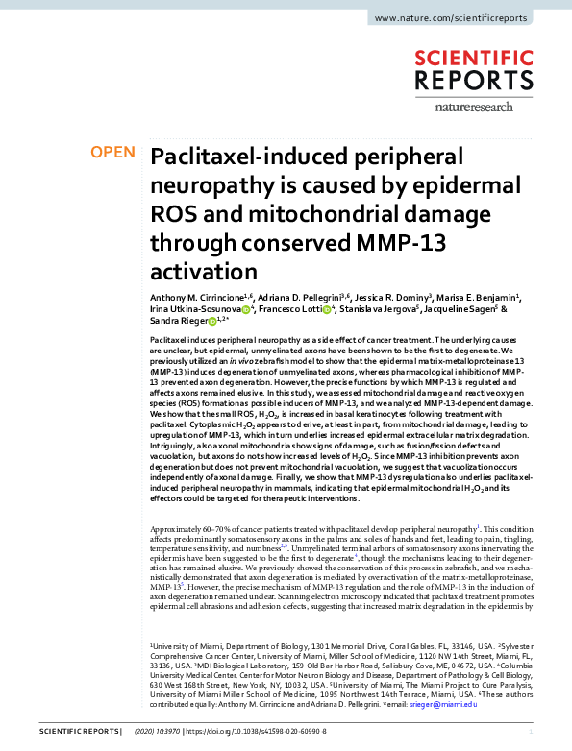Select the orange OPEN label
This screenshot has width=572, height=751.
pos(113,153)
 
